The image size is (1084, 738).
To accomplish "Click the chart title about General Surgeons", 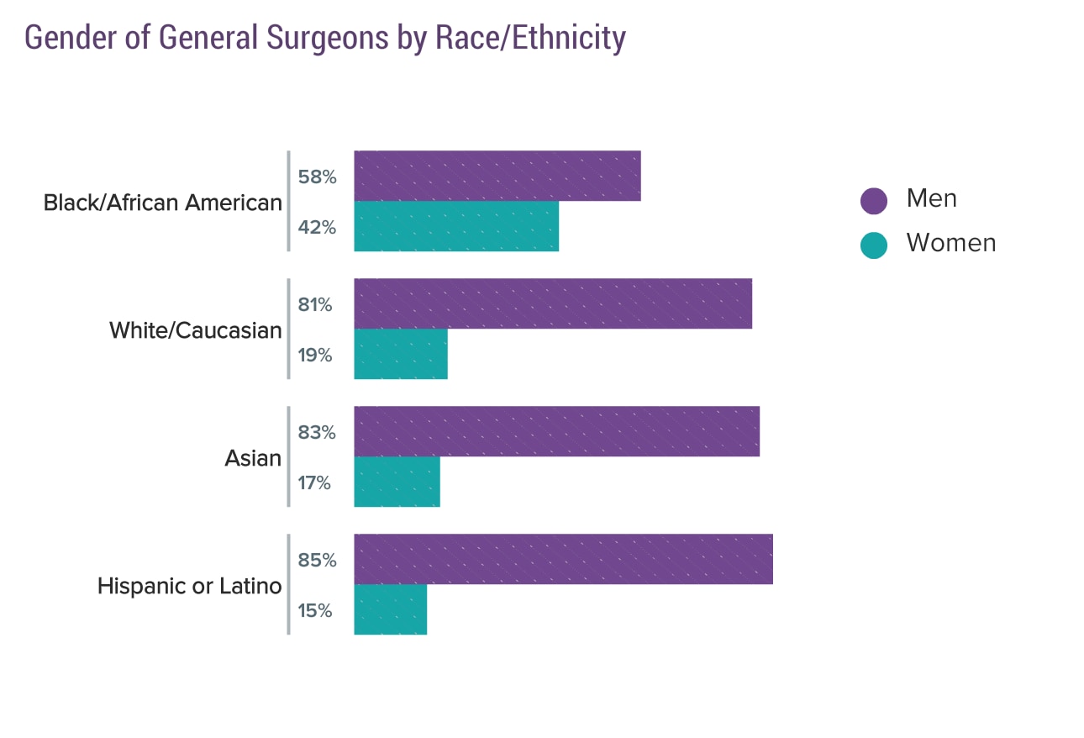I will click(325, 39).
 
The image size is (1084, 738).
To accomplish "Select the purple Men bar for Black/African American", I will click(497, 176).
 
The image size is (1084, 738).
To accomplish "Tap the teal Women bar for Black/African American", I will click(456, 226).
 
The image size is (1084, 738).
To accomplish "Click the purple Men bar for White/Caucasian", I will click(553, 303).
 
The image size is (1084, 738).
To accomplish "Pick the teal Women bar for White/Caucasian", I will click(401, 354).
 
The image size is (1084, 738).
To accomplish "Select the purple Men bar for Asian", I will click(556, 431).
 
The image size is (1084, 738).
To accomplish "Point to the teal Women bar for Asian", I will click(397, 482).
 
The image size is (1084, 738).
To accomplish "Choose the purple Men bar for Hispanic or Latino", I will click(563, 559).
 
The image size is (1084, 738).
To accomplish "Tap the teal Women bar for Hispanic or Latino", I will click(390, 609).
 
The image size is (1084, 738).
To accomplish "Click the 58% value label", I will click(317, 177).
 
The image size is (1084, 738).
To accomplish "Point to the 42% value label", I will click(317, 227).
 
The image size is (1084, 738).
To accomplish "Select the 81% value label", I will click(315, 305).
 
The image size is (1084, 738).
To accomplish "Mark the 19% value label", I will click(315, 355).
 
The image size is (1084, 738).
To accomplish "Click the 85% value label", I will click(317, 560).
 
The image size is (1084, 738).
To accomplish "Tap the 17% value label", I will click(314, 482).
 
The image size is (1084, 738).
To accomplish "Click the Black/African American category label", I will click(162, 203).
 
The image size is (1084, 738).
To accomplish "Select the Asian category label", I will click(253, 458).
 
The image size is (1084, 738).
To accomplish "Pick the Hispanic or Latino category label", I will click(189, 586).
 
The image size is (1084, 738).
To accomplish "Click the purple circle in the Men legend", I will click(874, 201).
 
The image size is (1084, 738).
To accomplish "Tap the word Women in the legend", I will click(950, 243).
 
